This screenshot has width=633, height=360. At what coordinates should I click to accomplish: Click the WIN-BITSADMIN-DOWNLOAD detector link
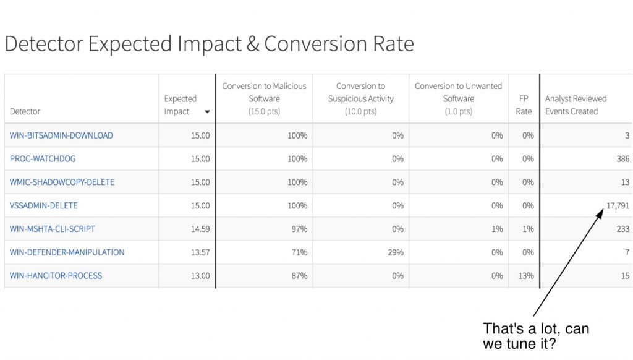pyautogui.click(x=61, y=135)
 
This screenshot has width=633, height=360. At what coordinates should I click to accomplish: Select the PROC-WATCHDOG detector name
pyautogui.click(x=43, y=159)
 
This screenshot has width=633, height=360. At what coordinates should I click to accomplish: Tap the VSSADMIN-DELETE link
pyautogui.click(x=44, y=205)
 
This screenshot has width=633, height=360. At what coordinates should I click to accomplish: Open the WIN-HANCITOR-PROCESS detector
pyautogui.click(x=56, y=276)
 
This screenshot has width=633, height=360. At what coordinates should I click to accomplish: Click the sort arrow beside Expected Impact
pyautogui.click(x=207, y=112)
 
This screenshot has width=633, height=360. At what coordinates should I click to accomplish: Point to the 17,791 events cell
pyautogui.click(x=618, y=205)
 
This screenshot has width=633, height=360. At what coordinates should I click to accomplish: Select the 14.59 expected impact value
pyautogui.click(x=200, y=229)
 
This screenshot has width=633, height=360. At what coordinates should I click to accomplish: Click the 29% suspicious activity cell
pyautogui.click(x=396, y=252)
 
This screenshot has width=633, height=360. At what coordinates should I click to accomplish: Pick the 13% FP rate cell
pyautogui.click(x=525, y=276)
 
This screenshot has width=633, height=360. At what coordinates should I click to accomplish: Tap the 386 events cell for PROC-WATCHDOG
pyautogui.click(x=622, y=159)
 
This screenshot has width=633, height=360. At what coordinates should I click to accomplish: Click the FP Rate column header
pyautogui.click(x=524, y=105)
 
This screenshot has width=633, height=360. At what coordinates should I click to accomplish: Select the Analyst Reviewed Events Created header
pyautogui.click(x=576, y=105)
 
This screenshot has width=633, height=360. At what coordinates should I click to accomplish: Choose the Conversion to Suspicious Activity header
pyautogui.click(x=360, y=98)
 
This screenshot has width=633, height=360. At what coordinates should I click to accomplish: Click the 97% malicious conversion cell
pyautogui.click(x=299, y=229)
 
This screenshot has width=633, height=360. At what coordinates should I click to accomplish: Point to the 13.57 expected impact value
pyautogui.click(x=200, y=252)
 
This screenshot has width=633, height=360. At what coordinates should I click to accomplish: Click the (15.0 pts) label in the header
pyautogui.click(x=264, y=112)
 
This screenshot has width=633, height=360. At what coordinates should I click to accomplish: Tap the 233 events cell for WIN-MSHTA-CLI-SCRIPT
pyautogui.click(x=622, y=229)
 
